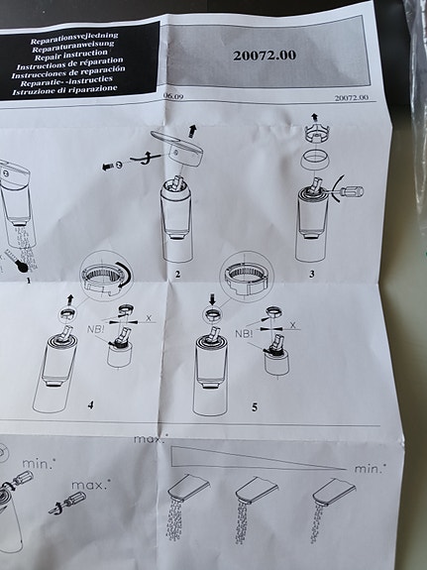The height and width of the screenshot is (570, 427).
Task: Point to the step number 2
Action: (x=176, y=272)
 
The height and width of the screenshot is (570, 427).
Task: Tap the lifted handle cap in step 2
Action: (x=179, y=148)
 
